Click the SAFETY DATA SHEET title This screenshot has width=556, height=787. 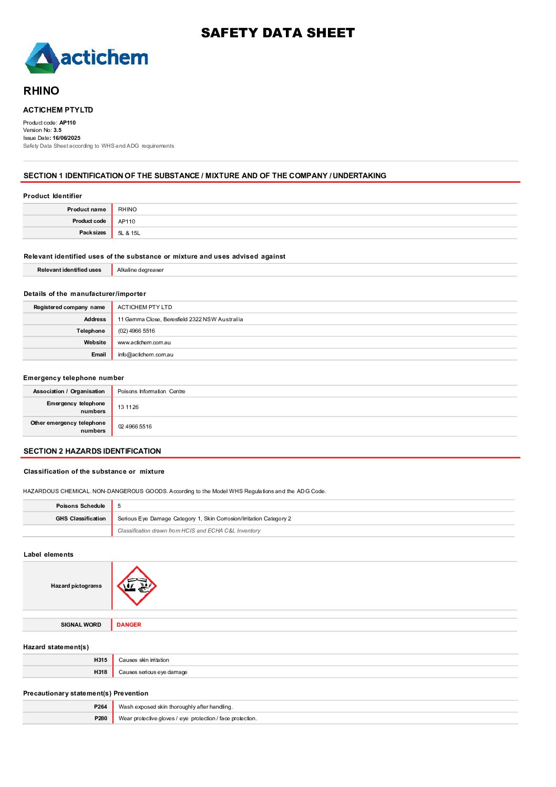click(x=277, y=33)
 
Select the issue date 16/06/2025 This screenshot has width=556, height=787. click(x=66, y=138)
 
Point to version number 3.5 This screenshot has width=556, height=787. click(x=57, y=130)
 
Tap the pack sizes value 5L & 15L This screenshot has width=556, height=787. click(x=129, y=233)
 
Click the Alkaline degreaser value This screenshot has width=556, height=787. click(x=140, y=270)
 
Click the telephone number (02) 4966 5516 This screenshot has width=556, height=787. click(x=136, y=331)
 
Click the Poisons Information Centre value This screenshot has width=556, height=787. click(x=151, y=392)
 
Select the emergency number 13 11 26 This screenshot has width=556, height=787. click(x=128, y=407)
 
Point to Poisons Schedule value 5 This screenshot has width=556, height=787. click(x=119, y=506)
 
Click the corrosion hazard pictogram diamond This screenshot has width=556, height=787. click(x=137, y=586)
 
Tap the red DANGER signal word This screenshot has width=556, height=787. click(x=129, y=625)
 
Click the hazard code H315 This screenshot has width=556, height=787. click(x=100, y=660)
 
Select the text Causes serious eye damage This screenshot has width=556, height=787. click(x=153, y=672)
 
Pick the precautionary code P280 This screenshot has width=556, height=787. click(x=100, y=719)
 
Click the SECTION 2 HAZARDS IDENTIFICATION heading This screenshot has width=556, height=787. click(x=92, y=451)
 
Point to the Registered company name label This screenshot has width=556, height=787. click(x=69, y=308)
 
